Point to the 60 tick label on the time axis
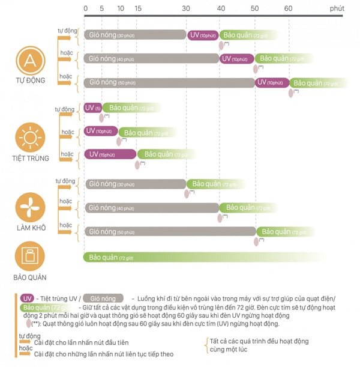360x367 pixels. (x=289, y=8)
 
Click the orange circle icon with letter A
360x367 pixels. (x=29, y=60)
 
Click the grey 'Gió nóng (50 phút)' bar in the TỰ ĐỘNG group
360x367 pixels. (x=169, y=82)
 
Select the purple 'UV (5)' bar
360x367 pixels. (x=92, y=108)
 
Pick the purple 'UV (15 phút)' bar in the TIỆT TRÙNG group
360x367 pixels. (x=110, y=154)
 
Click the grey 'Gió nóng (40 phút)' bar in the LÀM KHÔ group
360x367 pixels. (x=151, y=208)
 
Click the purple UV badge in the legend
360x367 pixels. (x=27, y=299)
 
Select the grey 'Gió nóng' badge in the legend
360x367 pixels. (x=103, y=299)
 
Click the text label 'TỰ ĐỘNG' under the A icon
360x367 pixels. (x=29, y=80)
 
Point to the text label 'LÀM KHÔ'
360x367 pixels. (x=29, y=227)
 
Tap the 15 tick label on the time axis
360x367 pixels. (x=139, y=8)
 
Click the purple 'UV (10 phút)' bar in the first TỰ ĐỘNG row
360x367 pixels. (x=203, y=35)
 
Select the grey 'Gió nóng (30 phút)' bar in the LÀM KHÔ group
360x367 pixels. (x=135, y=184)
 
